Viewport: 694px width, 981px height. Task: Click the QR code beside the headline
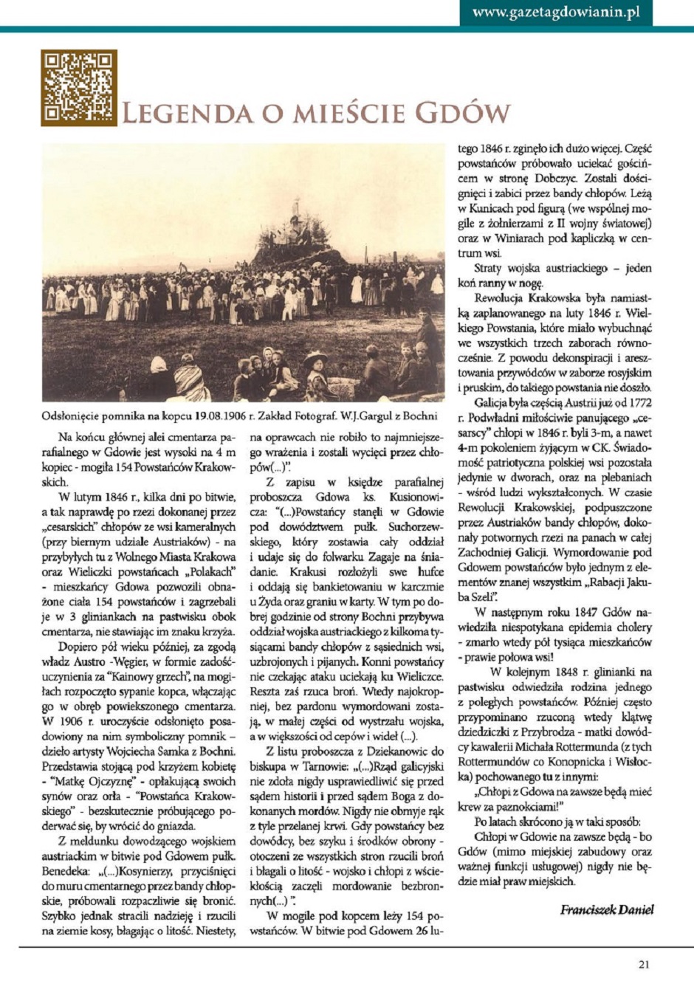tap(78, 87)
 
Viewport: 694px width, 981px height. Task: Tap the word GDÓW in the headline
tap(462, 113)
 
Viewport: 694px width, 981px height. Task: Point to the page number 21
tap(644, 963)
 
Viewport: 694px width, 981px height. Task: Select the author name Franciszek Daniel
tap(607, 909)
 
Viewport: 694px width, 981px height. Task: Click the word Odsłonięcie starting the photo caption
tap(72, 416)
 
